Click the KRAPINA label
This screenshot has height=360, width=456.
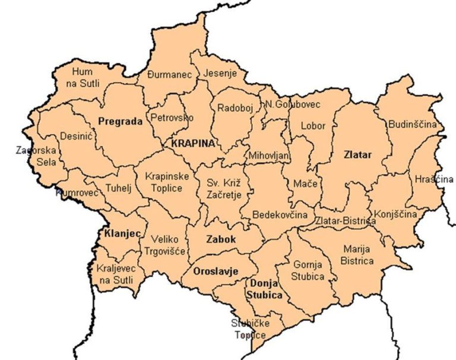pos(192,144)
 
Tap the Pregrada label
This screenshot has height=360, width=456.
pos(120,122)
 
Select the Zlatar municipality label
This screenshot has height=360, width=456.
pos(357,155)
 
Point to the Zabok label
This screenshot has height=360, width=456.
pos(221,240)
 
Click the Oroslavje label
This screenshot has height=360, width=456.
pos(216,271)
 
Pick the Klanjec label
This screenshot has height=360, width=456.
pos(122,233)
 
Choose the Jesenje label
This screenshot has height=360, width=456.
pos(220,74)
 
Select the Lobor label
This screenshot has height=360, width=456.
pos(313,126)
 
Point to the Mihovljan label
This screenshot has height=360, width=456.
pos(269,156)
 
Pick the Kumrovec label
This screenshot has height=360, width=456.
pos(76,193)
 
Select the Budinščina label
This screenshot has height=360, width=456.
pos(412,125)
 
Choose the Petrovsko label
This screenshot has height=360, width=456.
pos(172,118)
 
